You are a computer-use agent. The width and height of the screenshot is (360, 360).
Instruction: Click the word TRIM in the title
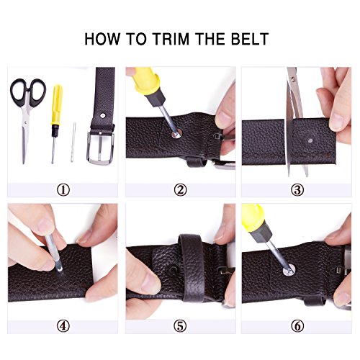click(170, 39)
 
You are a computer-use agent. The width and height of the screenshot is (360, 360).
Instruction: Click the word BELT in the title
click(250, 39)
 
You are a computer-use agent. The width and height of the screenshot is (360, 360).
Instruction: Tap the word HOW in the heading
click(102, 39)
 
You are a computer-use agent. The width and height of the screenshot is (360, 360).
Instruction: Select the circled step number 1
click(63, 190)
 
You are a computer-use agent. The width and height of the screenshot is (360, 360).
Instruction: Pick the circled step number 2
click(180, 190)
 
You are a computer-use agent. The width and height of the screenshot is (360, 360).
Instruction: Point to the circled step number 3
click(297, 190)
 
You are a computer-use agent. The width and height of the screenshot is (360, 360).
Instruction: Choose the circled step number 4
click(63, 326)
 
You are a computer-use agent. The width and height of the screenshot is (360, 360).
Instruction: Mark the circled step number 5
click(180, 326)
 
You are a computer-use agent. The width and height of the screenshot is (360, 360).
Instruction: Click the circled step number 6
click(297, 326)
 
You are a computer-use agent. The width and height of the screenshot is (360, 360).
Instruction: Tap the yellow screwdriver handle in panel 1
click(57, 104)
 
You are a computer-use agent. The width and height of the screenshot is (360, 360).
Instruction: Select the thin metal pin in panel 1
click(73, 142)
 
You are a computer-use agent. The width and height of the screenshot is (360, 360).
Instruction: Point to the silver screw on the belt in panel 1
click(103, 116)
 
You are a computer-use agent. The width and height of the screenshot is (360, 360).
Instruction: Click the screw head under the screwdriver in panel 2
click(177, 133)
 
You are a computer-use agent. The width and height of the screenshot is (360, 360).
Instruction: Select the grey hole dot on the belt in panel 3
click(310, 140)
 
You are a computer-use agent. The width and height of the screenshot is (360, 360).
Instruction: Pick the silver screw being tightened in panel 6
click(289, 269)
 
